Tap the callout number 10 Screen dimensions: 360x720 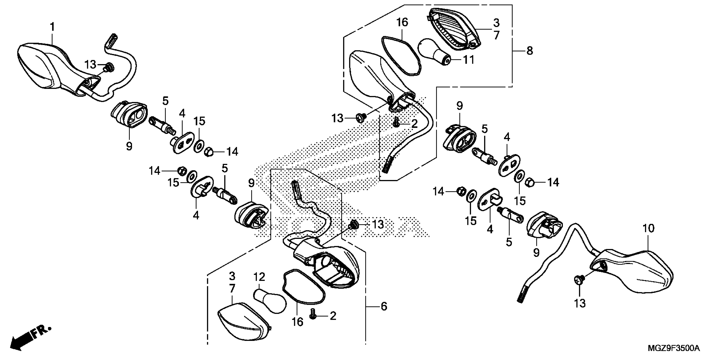(648, 228)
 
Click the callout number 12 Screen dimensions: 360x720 (259, 277)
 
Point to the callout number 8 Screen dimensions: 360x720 (530, 51)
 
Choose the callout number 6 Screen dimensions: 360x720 (384, 306)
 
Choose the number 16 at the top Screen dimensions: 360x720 (402, 22)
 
